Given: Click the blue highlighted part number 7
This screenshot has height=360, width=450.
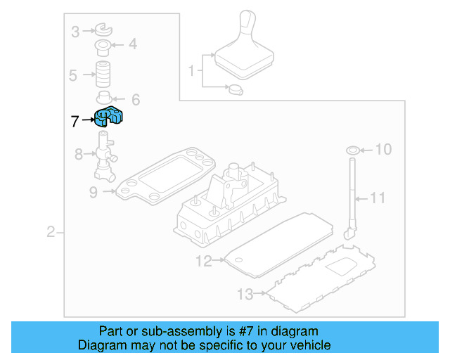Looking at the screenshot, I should coord(108,117).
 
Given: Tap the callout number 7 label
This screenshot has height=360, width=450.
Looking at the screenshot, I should coord(75,121).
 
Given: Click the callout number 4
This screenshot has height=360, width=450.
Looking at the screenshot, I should coord(132,46).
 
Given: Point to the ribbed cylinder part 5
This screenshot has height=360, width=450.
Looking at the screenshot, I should coord(105,74).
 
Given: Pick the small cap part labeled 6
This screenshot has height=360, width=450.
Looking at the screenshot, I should coord(105,98).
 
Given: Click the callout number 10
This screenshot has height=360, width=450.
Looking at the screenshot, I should coord(382,149).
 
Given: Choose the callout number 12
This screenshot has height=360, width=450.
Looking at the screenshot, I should coord(203,262).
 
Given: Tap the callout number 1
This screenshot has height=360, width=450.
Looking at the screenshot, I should coord(191,71).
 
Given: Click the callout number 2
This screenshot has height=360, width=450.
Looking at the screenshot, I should coord(51,232).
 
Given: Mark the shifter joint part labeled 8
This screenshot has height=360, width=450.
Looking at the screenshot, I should coord(105,156).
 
